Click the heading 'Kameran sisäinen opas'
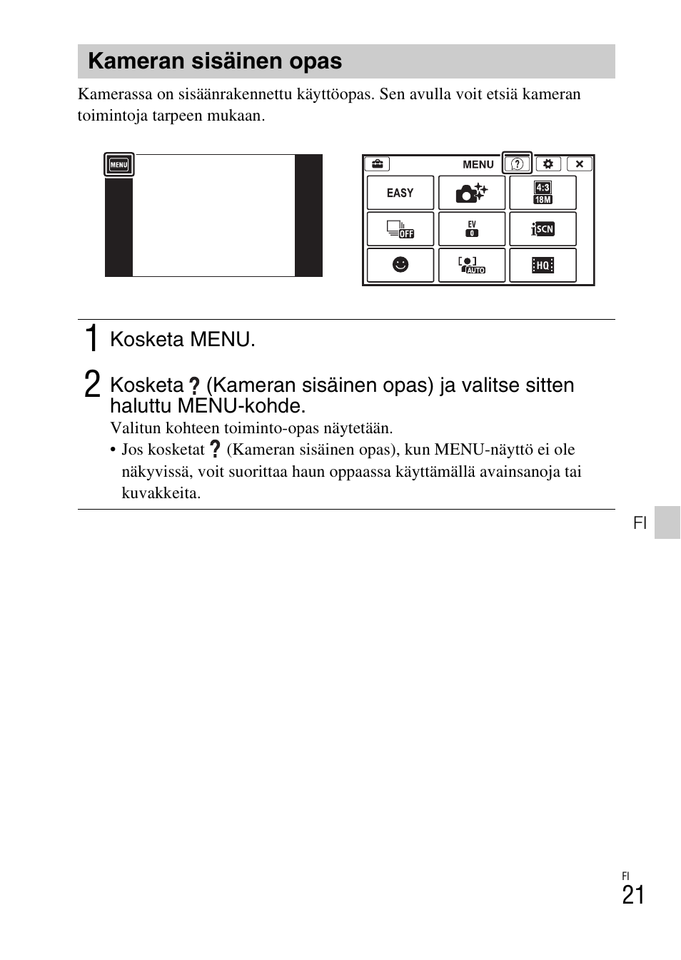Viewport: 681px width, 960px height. click(x=215, y=61)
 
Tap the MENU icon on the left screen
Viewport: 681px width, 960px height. click(x=118, y=165)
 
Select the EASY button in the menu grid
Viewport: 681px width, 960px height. click(x=400, y=193)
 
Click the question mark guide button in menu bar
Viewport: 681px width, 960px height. click(x=518, y=164)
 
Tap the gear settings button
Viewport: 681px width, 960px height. click(x=548, y=164)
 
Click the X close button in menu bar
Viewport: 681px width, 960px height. click(x=580, y=164)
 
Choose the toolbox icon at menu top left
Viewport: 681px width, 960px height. click(x=376, y=164)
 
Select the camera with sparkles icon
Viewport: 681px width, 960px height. click(x=471, y=193)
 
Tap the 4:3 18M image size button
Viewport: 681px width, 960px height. click(x=543, y=193)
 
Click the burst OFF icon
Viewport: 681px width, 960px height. click(x=400, y=229)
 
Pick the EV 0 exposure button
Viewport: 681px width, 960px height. click(x=471, y=229)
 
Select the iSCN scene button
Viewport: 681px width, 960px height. click(x=543, y=229)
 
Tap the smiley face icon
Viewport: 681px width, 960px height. click(x=400, y=266)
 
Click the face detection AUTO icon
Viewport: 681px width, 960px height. click(x=471, y=266)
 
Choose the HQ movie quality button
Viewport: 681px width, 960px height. click(x=543, y=266)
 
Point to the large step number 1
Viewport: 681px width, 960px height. click(x=91, y=338)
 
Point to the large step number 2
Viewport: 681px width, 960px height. click(x=91, y=384)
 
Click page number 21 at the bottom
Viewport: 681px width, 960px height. click(x=632, y=895)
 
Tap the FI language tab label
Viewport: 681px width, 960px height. click(x=640, y=523)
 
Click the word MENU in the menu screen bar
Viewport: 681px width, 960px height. click(x=478, y=164)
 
